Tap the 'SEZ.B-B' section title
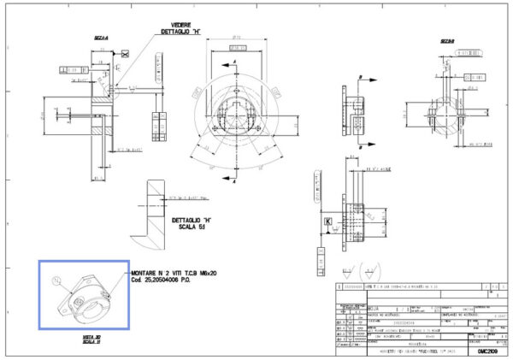(x=446, y=40)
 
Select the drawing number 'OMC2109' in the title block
(x=486, y=339)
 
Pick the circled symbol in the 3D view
(x=56, y=281)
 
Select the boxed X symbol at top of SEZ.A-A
(x=126, y=54)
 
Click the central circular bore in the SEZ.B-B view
(x=444, y=112)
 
